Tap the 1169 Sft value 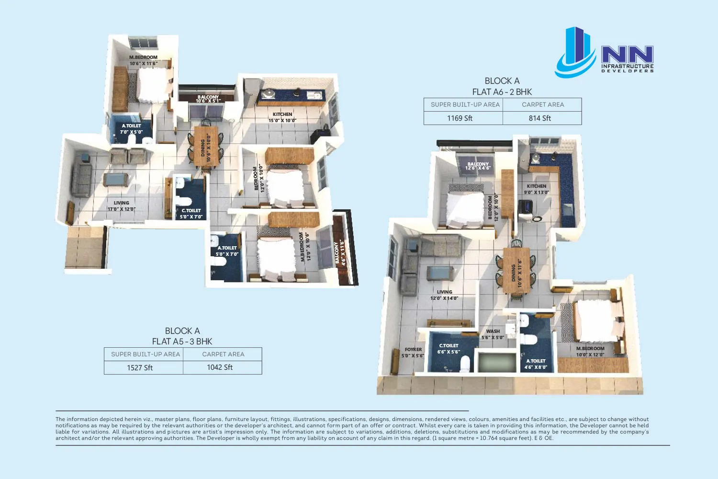click(460, 118)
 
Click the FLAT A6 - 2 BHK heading click(502, 92)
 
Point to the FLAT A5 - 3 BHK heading click(182, 342)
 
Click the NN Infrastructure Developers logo click(604, 52)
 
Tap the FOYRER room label click(413, 349)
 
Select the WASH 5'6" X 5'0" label click(493, 334)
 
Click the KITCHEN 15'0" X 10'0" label click(282, 117)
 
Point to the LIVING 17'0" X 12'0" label click(121, 206)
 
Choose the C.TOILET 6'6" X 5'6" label click(449, 349)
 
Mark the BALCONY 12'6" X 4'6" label click(478, 166)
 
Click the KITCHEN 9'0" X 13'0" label click(537, 189)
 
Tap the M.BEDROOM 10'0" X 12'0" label click(590, 352)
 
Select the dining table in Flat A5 click(206, 146)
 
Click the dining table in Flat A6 click(516, 270)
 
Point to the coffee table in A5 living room click(115, 180)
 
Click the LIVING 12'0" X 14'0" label click(444, 295)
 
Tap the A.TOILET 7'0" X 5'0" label click(132, 129)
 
